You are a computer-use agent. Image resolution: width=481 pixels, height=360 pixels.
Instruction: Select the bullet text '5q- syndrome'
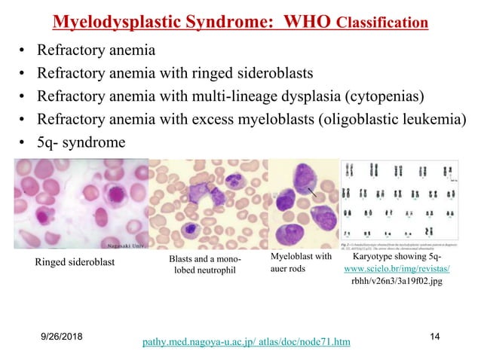click(x=81, y=141)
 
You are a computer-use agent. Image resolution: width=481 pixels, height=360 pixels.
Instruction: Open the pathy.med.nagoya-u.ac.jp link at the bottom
click(x=246, y=343)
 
